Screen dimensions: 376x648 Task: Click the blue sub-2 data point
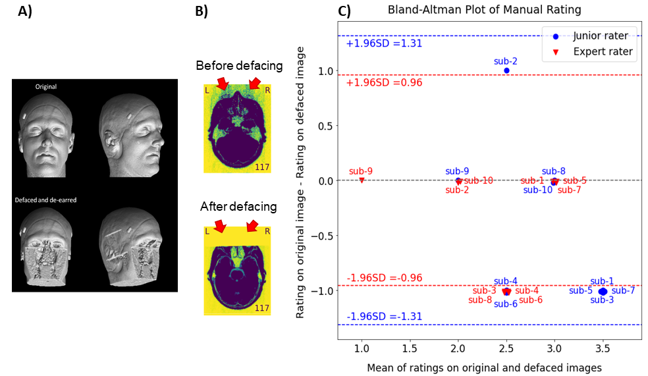coord(506,70)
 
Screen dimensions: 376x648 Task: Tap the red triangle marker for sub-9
coord(362,180)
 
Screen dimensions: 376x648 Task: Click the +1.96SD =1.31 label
coord(384,43)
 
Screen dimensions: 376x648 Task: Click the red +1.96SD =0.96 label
coord(384,82)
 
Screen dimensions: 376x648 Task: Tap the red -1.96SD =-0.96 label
coord(384,278)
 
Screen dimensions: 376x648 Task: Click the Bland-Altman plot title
coord(484,9)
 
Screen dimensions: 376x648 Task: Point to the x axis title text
coord(484,367)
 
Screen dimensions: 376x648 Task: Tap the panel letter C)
coord(344,11)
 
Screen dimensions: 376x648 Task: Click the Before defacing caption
coord(239,65)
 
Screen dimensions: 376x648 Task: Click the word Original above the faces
coord(46,86)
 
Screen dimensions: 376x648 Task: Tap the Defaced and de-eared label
coord(45,200)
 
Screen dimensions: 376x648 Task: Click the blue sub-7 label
coord(623,290)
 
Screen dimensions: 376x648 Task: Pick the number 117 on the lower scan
coord(262,308)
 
